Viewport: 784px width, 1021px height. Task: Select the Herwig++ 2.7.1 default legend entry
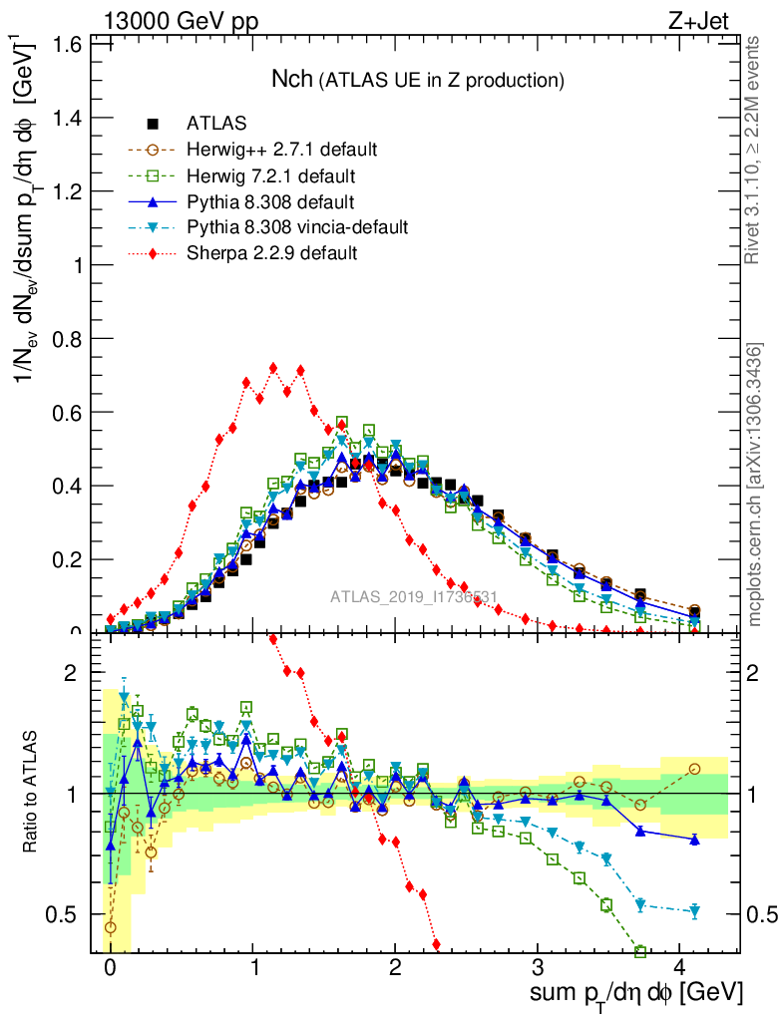point(281,150)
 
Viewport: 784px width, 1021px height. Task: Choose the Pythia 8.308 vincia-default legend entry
point(297,227)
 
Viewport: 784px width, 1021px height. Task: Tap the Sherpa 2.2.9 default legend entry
point(271,253)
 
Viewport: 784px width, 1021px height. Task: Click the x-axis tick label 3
point(538,967)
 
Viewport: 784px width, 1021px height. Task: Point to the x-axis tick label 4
point(680,967)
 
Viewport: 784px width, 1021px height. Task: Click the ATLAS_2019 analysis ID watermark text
point(414,598)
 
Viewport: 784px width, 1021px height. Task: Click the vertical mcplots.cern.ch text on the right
point(755,484)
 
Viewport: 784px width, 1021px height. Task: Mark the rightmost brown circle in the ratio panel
point(694,769)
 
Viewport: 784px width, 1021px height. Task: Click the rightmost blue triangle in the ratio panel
point(694,840)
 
